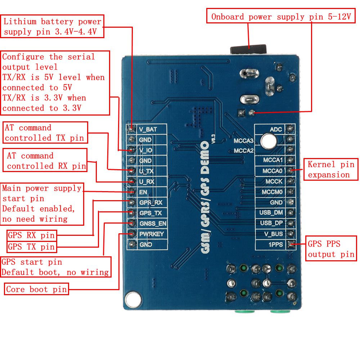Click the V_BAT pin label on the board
coord(148,129)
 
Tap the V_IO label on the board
coord(145,150)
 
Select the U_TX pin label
coord(146,171)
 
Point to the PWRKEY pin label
coord(151,234)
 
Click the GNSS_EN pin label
coord(153,224)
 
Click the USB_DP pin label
coord(271,223)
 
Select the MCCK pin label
coord(274,181)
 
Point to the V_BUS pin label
coord(273,234)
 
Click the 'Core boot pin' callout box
coord(36,289)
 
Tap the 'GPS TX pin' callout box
coord(32,247)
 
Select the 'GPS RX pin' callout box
coord(32,236)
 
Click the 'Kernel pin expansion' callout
coord(331,170)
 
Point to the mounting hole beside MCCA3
coord(268,141)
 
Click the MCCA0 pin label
coord(273,171)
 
